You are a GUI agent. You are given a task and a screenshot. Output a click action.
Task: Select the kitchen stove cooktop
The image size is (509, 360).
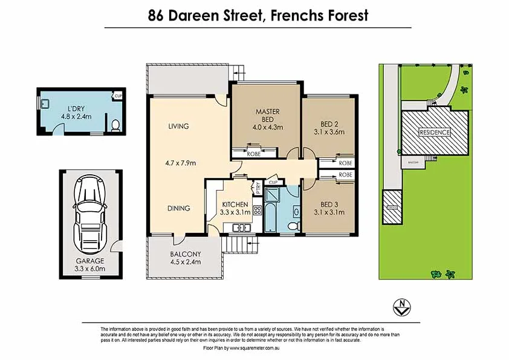(x=256, y=211)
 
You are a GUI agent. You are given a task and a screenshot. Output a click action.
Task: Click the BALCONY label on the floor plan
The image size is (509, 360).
(x=184, y=254)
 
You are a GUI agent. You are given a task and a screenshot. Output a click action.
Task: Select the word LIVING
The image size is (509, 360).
(x=178, y=126)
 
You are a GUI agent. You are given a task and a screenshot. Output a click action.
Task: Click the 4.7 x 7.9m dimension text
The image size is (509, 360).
(x=181, y=163)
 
